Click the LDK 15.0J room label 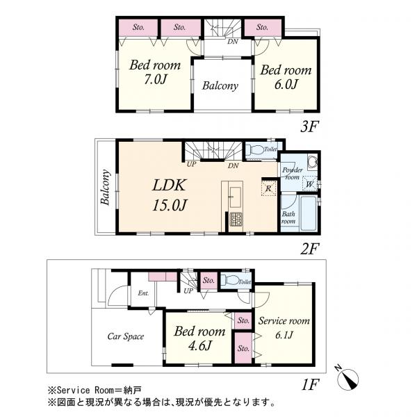pos(170,195)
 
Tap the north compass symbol pos(347,378)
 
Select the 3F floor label pos(309,126)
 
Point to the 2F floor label pos(309,249)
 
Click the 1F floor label pos(310,384)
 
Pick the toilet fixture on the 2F pos(254,149)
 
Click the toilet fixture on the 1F pos(230,280)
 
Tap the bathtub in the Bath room pos(308,214)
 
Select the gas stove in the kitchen pos(236,219)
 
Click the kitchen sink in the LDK pos(236,197)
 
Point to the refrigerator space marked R pos(269,188)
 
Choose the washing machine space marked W pos(309,183)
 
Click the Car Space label pos(126,336)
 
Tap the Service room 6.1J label pos(284,327)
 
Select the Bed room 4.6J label pos(199,338)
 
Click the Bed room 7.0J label pos(155,72)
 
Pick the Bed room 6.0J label pos(286,77)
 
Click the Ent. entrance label pos(143,293)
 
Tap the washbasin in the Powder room pos(312,162)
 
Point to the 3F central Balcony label pos(220,85)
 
